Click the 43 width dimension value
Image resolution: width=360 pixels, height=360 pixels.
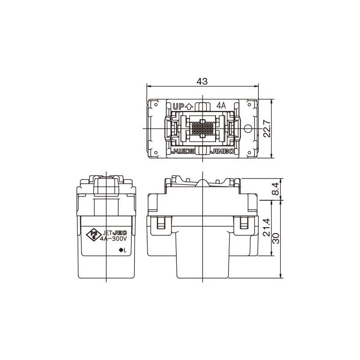202,81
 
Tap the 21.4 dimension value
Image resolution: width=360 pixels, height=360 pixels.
265,228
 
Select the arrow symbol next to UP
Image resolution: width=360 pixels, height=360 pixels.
189,107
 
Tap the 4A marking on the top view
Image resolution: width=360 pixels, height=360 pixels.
220,106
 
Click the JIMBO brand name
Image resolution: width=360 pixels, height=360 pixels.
222,152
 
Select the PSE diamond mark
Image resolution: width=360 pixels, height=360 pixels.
94,235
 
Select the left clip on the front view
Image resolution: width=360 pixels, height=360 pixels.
160,224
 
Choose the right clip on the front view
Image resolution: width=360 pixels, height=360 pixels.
245,224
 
